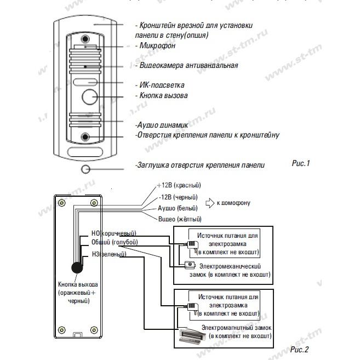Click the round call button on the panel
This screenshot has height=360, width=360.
click(x=90, y=96)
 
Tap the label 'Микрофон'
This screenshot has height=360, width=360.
click(x=157, y=45)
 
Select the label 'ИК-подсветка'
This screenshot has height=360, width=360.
click(x=162, y=85)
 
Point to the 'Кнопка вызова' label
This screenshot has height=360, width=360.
click(x=163, y=95)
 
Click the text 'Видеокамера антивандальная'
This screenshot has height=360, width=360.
click(x=188, y=65)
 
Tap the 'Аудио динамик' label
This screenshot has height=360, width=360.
click(x=162, y=125)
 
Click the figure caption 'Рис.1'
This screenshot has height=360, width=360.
click(x=301, y=163)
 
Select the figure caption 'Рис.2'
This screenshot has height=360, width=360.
click(x=299, y=349)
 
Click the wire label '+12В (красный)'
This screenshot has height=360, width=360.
click(x=179, y=185)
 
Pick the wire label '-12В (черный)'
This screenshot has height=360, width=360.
click(x=178, y=197)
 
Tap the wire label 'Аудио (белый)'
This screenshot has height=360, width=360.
click(x=178, y=208)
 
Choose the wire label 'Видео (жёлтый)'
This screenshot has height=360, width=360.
click(x=180, y=219)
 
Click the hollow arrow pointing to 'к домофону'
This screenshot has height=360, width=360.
click(x=210, y=203)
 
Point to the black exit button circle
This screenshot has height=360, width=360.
click(x=77, y=268)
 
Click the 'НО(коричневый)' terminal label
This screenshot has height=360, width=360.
click(x=114, y=233)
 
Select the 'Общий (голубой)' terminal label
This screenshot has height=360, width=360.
click(x=115, y=242)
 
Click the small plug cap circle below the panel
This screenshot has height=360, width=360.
click(x=85, y=169)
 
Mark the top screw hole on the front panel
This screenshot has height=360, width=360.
click(x=85, y=39)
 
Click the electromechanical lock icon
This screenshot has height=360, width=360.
click(x=190, y=265)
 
